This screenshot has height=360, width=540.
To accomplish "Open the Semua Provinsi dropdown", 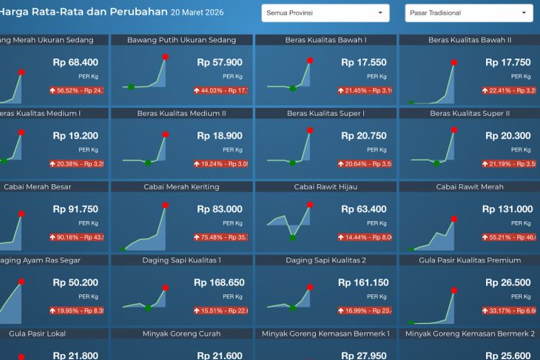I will [325, 13].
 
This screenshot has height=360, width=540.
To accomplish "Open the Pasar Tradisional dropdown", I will [468, 13].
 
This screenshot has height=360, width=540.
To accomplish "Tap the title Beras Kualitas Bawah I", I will [325, 39].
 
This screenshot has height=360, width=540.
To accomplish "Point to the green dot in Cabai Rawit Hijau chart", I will [293, 237].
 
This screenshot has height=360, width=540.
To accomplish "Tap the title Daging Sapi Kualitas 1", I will [182, 260].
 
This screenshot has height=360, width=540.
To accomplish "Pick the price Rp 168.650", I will [218, 282].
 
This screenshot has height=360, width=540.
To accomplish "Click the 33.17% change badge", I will [510, 310].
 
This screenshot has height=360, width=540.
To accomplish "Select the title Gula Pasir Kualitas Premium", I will [470, 260].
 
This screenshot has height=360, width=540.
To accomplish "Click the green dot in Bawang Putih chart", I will [131, 87].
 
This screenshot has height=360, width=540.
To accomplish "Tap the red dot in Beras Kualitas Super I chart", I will [309, 133].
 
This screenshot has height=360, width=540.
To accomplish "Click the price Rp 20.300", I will [510, 136].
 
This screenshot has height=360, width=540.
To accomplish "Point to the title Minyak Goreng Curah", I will [182, 334].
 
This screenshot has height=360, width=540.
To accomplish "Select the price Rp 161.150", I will [363, 282].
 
